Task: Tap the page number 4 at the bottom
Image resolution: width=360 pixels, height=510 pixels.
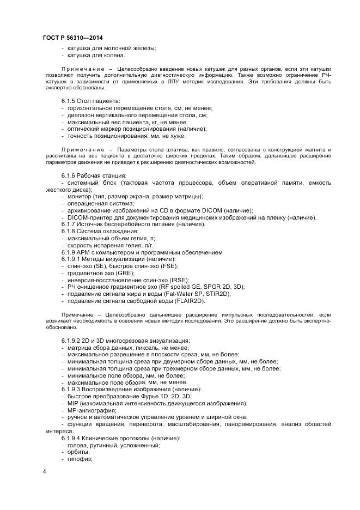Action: tap(44, 471)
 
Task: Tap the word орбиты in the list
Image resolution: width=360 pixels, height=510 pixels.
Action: tap(80, 452)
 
